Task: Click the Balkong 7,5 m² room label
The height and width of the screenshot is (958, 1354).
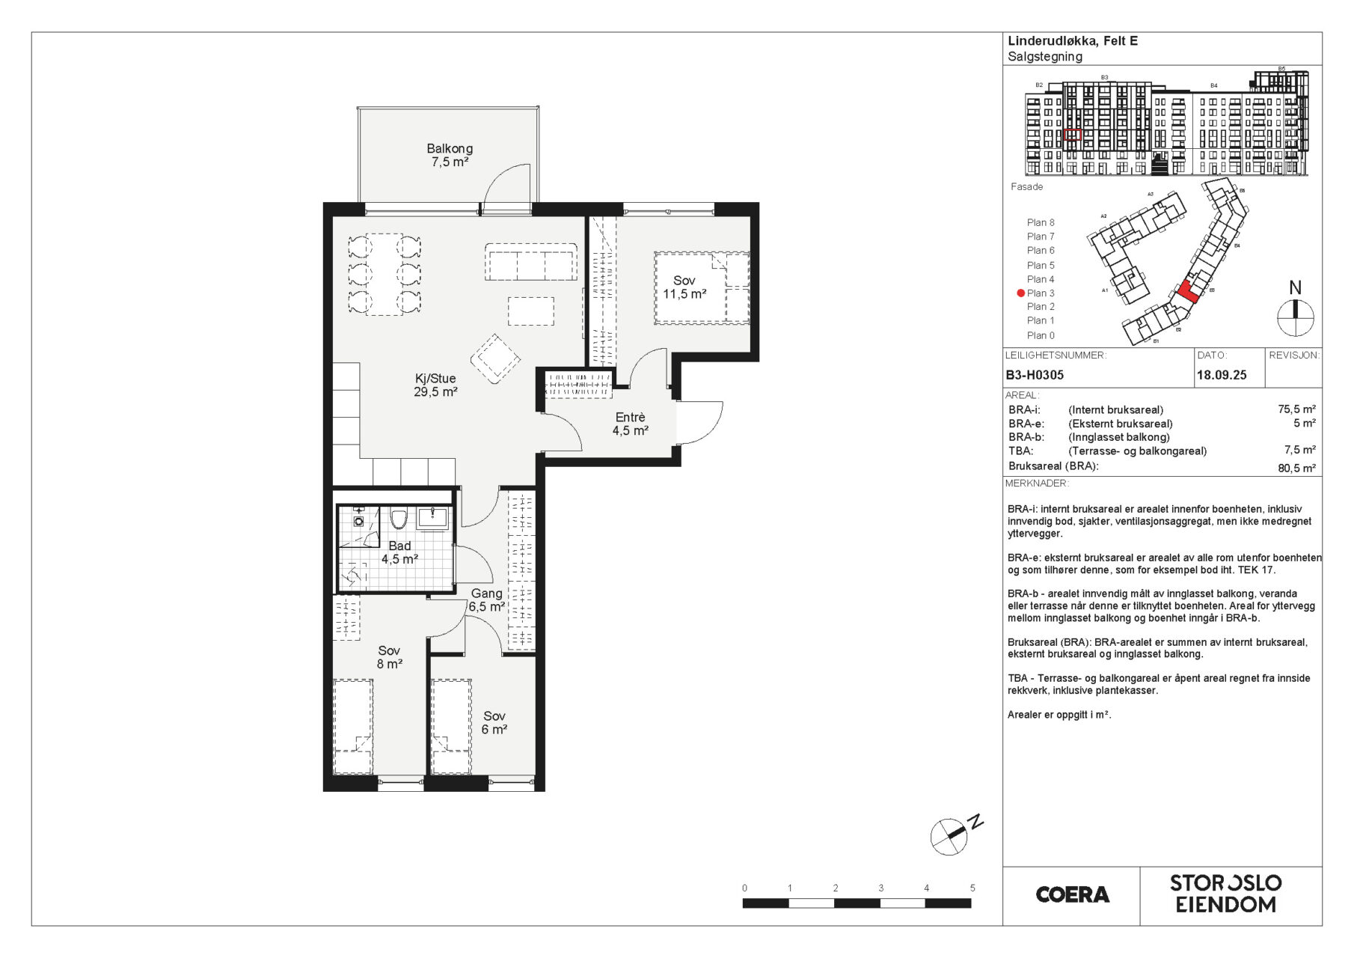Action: pyautogui.click(x=450, y=155)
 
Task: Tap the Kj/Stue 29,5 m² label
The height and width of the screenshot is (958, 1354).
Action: pyautogui.click(x=435, y=385)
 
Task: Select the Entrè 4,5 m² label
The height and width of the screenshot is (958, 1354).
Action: pyautogui.click(x=630, y=424)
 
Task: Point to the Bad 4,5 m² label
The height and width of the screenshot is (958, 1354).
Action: pyautogui.click(x=399, y=552)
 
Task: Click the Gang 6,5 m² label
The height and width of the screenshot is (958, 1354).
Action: pyautogui.click(x=486, y=599)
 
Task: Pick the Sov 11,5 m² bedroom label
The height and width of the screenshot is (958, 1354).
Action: pyautogui.click(x=684, y=287)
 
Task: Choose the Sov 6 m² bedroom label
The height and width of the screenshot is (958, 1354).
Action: pyautogui.click(x=494, y=723)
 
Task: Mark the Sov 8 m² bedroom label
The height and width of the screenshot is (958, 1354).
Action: pyautogui.click(x=389, y=657)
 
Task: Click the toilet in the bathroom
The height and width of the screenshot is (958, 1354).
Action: pyautogui.click(x=398, y=518)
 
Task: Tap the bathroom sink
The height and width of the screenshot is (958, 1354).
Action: pyautogui.click(x=432, y=518)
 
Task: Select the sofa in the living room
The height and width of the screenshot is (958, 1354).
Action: pyautogui.click(x=530, y=261)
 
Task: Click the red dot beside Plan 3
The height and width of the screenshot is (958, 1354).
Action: pyautogui.click(x=1020, y=293)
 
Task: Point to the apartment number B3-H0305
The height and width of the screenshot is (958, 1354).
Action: pyautogui.click(x=1035, y=375)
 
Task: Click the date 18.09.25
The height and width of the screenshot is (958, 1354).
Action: pyautogui.click(x=1222, y=375)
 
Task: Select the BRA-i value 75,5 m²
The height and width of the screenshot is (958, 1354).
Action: pyautogui.click(x=1296, y=409)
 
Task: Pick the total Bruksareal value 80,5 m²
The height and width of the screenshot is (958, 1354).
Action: pyautogui.click(x=1296, y=469)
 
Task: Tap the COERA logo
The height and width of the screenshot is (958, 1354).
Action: pyautogui.click(x=1072, y=894)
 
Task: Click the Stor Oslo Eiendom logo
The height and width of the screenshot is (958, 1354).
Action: pyautogui.click(x=1226, y=894)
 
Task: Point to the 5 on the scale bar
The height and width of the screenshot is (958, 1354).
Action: pyautogui.click(x=972, y=888)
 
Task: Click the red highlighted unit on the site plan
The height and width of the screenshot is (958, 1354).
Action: pyautogui.click(x=1188, y=292)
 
